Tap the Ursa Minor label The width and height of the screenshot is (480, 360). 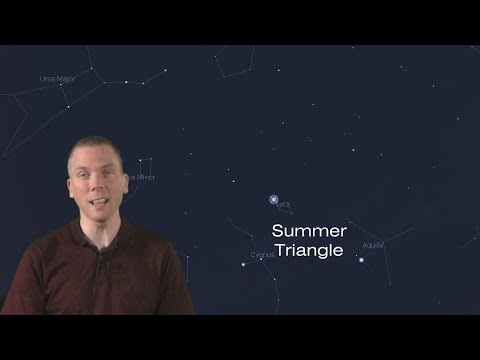click(140, 177)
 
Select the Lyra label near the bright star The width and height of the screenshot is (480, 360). click(285, 205)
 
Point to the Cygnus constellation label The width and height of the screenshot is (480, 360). click(263, 255)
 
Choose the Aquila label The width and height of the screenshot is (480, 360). click(373, 244)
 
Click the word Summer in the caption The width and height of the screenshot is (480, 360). click(308, 231)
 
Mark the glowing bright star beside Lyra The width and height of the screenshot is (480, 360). click(274, 200)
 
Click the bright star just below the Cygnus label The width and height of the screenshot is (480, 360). click(244, 264)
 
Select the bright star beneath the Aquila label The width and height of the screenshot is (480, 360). click(361, 258)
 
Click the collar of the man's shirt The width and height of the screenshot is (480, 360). click(118, 238)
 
